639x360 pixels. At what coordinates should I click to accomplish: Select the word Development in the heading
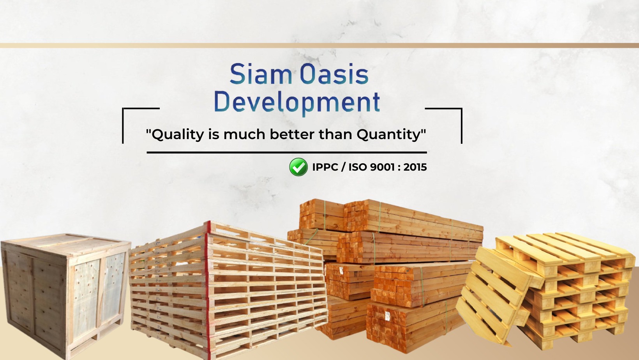[297, 102]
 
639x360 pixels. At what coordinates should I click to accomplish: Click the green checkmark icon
[298, 167]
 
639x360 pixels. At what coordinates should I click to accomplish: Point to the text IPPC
[325, 167]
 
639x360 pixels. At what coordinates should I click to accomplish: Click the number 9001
[382, 167]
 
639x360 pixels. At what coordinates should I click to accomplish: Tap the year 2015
[415, 167]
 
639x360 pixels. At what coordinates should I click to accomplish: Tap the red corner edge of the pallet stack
[208, 288]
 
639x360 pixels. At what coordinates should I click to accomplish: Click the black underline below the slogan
[287, 152]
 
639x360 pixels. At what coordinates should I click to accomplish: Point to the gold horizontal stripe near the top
[319, 46]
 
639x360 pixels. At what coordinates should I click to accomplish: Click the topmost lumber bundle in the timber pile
[390, 216]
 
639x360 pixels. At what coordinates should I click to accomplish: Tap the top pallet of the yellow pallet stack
[565, 249]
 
